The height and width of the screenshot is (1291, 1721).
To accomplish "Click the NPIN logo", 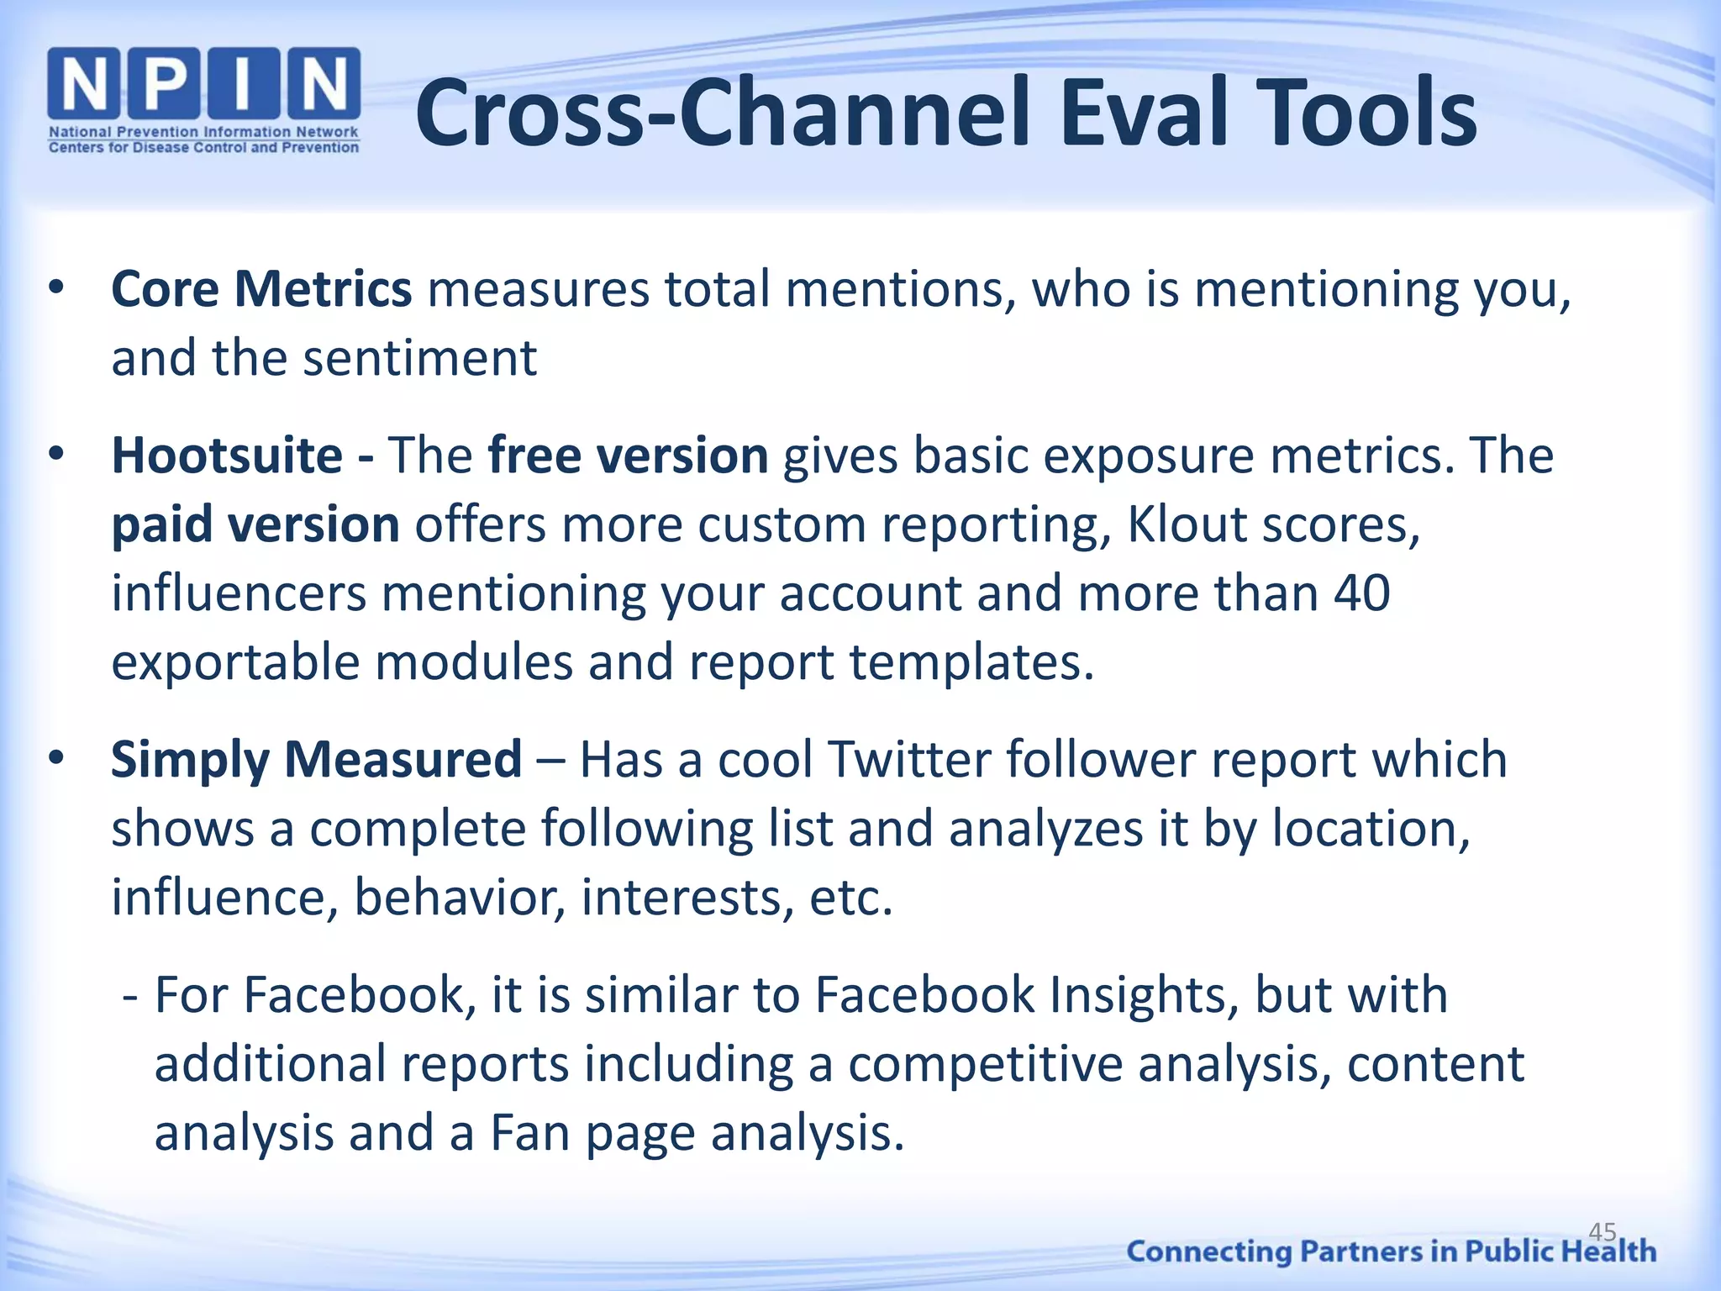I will (x=204, y=100).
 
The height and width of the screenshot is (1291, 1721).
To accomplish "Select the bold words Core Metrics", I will (x=261, y=289).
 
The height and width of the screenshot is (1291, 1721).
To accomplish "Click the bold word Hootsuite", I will (x=227, y=456).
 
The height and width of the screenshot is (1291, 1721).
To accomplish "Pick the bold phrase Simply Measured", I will (x=317, y=760).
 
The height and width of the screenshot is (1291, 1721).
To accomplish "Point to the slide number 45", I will (x=1603, y=1232).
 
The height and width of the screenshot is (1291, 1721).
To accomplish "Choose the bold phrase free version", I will (x=628, y=456).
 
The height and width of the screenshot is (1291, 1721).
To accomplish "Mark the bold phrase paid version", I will (x=255, y=525).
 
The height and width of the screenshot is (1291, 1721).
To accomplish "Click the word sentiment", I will (x=419, y=359).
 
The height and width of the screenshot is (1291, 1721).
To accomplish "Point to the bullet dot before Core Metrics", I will (x=56, y=288).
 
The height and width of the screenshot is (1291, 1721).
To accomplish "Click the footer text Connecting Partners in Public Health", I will (x=1391, y=1251).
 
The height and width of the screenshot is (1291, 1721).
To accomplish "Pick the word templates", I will (x=972, y=662).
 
